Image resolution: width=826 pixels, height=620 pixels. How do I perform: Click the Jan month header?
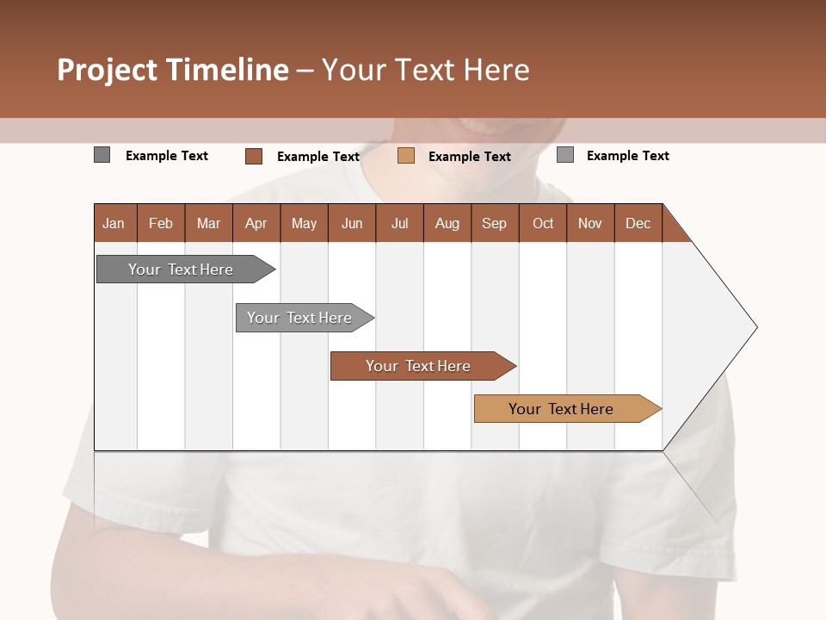coord(114,223)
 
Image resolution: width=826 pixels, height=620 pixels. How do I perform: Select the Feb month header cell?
coord(161,223)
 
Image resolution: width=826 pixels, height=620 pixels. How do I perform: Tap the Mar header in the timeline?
coord(208,223)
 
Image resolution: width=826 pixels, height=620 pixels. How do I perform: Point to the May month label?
coord(304,223)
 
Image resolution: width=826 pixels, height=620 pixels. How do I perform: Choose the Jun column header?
coord(352,223)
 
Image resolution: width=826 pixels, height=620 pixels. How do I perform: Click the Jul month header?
coord(399,223)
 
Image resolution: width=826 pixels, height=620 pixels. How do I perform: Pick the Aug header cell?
coord(447,223)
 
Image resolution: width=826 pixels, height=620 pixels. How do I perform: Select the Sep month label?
coord(494,223)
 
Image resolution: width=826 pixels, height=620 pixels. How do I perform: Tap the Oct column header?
coord(543,223)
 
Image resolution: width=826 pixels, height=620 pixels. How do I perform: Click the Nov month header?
coord(590,223)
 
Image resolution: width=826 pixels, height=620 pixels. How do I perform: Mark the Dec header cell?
coord(638,223)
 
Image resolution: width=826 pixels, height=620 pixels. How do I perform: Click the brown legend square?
coord(254,156)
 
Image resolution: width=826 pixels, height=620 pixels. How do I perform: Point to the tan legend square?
coord(406,156)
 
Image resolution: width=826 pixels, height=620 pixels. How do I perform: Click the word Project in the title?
coord(108,70)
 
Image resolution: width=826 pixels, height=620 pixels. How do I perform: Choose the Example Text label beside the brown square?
coord(318,157)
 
